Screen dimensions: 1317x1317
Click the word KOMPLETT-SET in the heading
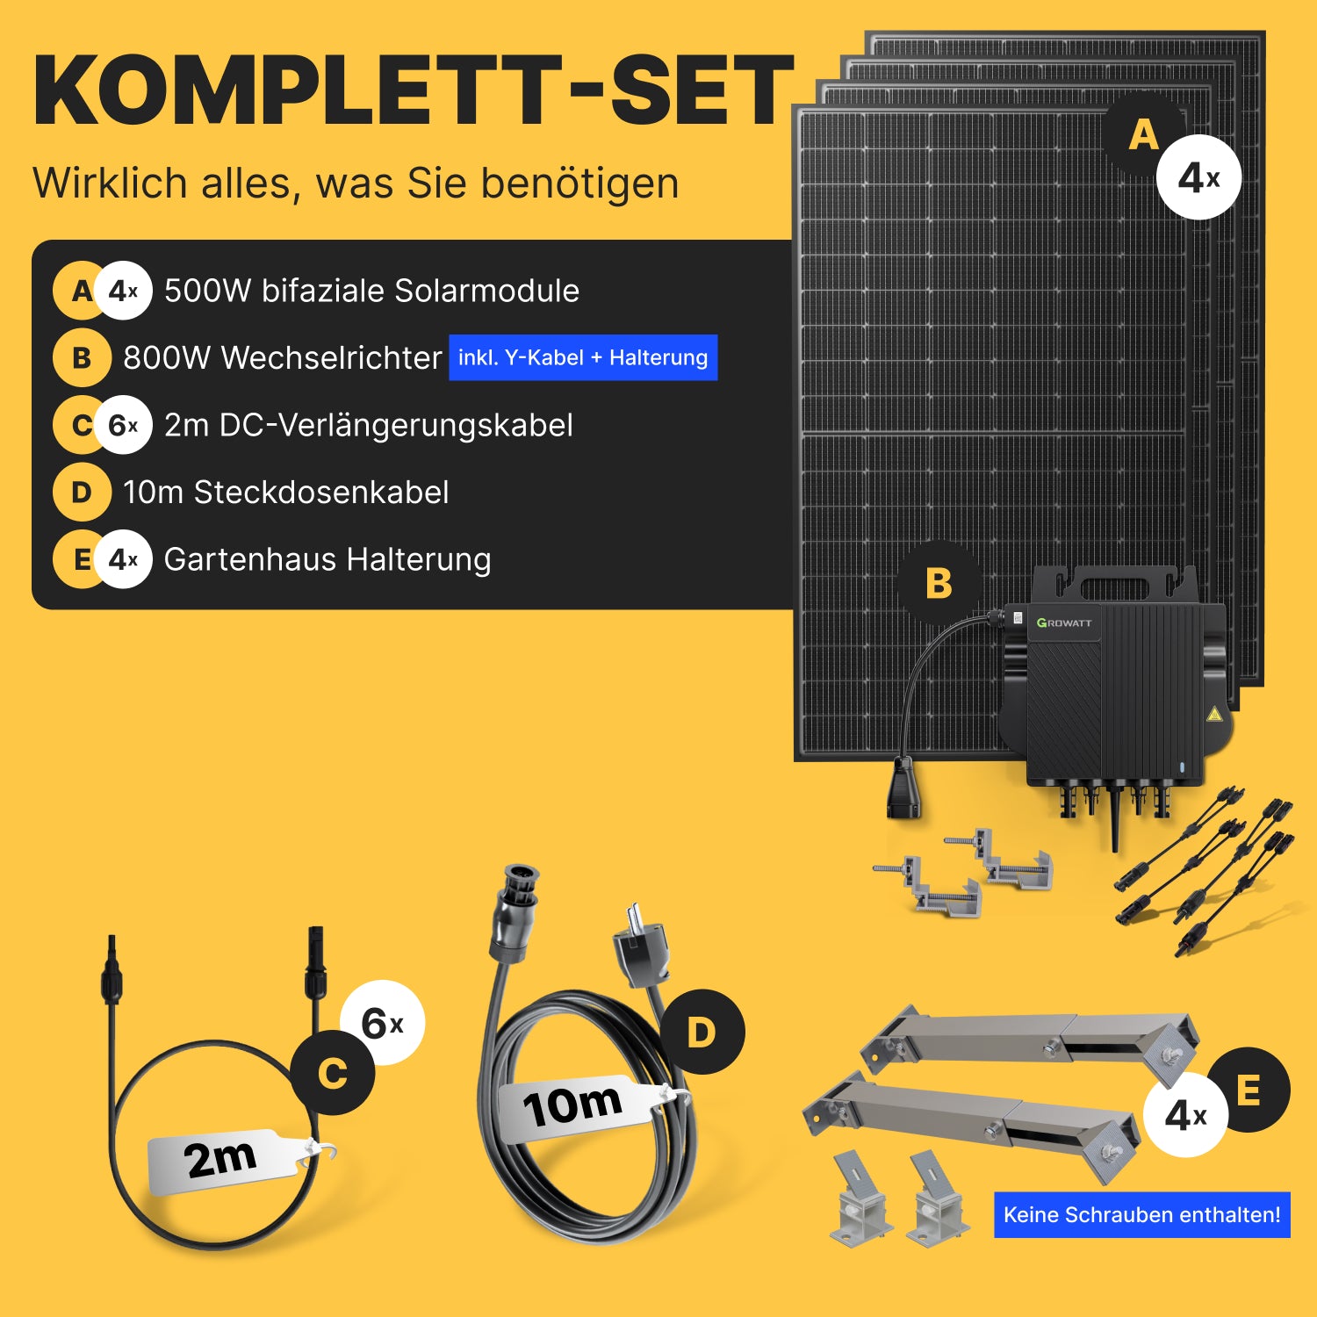pyautogui.click(x=414, y=90)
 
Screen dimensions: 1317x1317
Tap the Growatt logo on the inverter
pyautogui.click(x=1064, y=623)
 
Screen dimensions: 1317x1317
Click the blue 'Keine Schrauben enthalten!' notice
pyautogui.click(x=1141, y=1214)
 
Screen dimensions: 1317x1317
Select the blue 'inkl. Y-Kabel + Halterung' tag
pyautogui.click(x=583, y=357)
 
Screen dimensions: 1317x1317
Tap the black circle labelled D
pyautogui.click(x=702, y=1032)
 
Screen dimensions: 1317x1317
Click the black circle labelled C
pyautogui.click(x=332, y=1073)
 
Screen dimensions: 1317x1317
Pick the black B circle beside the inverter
pyautogui.click(x=939, y=583)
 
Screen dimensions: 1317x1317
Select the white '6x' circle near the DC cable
pyautogui.click(x=382, y=1023)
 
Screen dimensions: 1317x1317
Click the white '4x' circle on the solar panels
pyautogui.click(x=1198, y=177)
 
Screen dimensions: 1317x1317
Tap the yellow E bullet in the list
pyautogui.click(x=77, y=559)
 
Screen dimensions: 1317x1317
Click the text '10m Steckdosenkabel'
pyautogui.click(x=286, y=493)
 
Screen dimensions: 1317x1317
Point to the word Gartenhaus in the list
pyautogui.click(x=250, y=559)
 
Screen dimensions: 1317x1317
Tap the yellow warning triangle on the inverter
pyautogui.click(x=1214, y=714)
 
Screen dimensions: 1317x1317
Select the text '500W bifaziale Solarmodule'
pyautogui.click(x=371, y=291)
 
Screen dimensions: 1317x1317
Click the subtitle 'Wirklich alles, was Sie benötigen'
pyautogui.click(x=356, y=184)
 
